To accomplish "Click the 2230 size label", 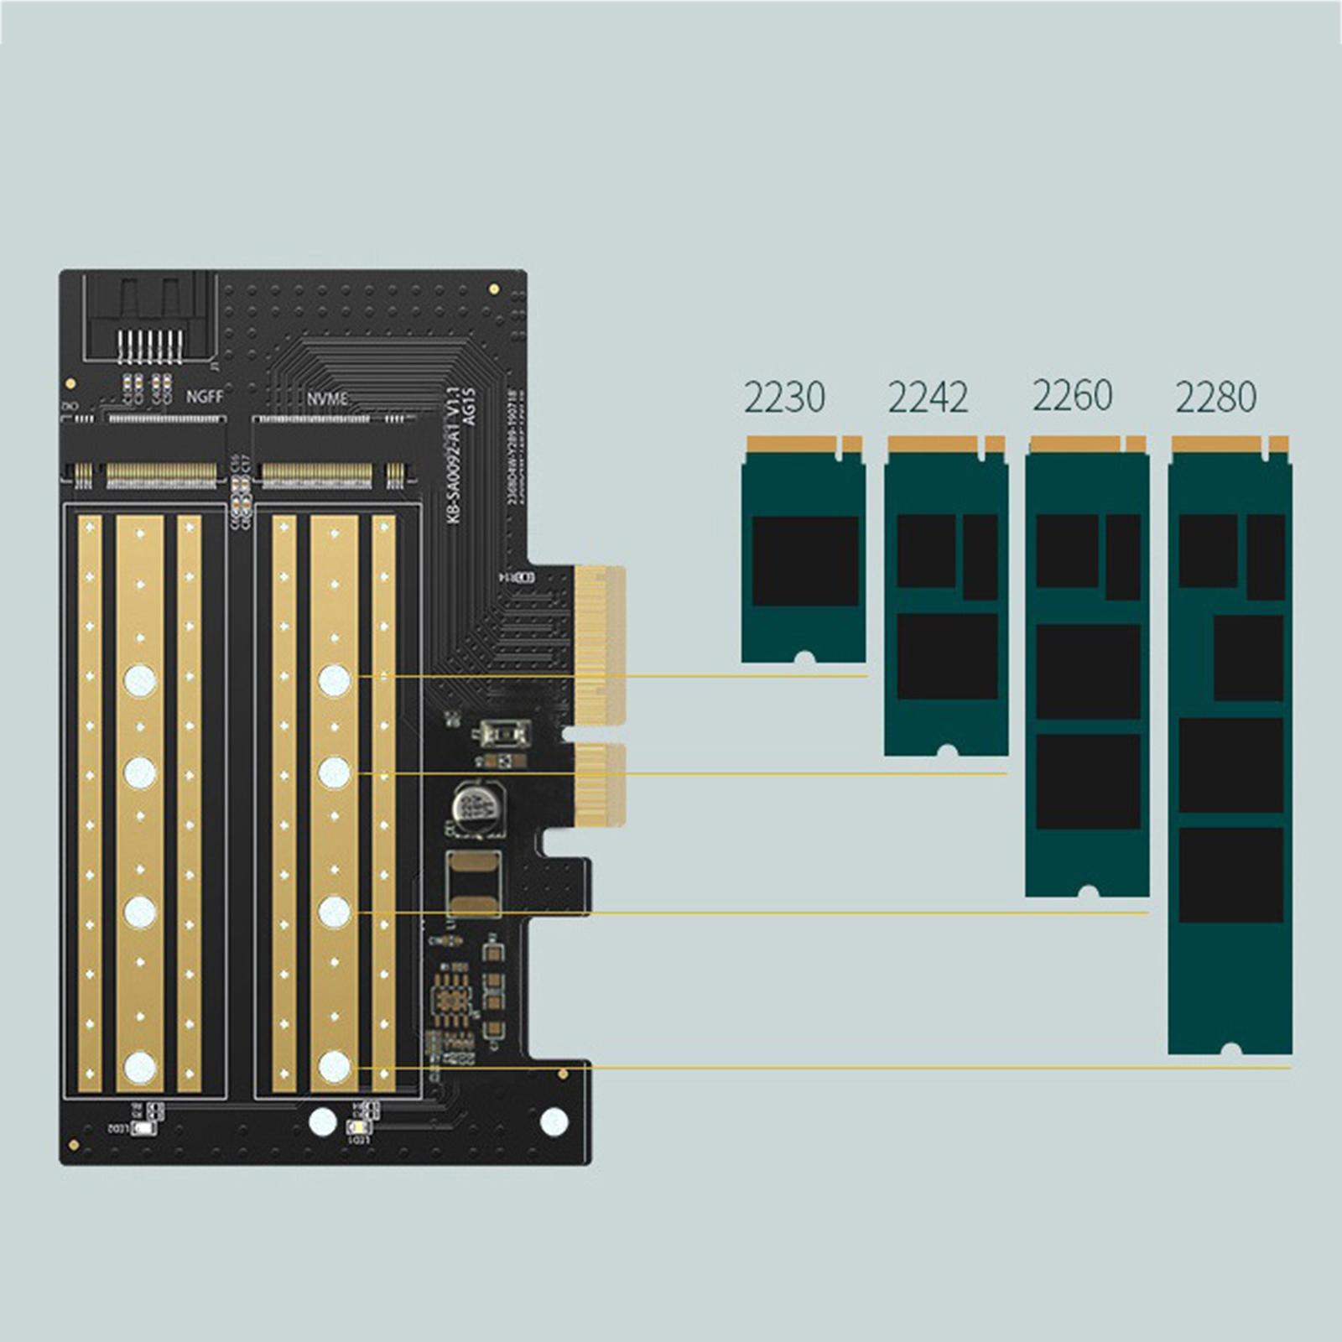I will click(x=784, y=397).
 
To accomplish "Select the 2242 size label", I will click(x=928, y=397).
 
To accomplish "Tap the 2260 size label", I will click(x=1072, y=396).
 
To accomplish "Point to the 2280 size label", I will click(x=1215, y=397).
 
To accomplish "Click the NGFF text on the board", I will click(x=204, y=396).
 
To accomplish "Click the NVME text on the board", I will click(x=326, y=398).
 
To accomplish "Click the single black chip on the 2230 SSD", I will click(x=805, y=560).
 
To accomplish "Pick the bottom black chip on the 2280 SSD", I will click(x=1230, y=875).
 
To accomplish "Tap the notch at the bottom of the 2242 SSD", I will click(x=947, y=750).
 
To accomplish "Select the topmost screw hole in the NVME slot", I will click(x=334, y=680).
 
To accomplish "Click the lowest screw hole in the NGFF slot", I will click(x=140, y=1067).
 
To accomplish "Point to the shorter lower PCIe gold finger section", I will click(x=602, y=783).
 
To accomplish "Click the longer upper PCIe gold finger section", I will click(x=601, y=644).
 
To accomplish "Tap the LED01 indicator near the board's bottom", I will click(x=357, y=1127).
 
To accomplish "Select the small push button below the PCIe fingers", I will click(x=502, y=735).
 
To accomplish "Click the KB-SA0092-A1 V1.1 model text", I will click(x=453, y=457).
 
